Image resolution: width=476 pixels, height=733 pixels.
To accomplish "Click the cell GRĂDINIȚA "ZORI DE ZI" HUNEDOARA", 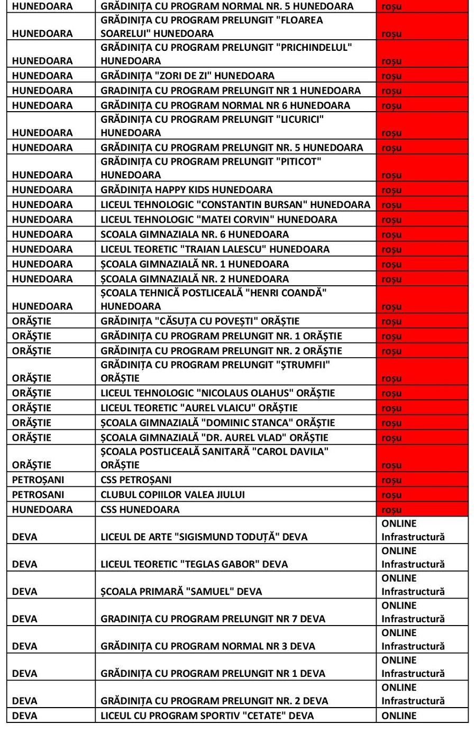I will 188,76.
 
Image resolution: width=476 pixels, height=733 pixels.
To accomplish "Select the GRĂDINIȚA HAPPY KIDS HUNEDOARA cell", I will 187,190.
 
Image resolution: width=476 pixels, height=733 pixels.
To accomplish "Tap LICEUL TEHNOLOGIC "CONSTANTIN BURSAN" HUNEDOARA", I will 235,205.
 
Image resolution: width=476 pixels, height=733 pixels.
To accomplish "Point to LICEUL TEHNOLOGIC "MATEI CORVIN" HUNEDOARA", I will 219,220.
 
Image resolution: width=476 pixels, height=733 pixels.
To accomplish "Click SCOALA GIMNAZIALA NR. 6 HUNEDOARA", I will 195,234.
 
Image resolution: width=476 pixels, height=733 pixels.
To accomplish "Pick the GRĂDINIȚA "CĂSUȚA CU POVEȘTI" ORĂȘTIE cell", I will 200,321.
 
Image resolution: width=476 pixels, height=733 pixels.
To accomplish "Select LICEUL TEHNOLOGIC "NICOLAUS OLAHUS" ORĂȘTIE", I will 218,393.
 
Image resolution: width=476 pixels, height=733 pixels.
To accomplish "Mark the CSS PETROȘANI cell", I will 136,480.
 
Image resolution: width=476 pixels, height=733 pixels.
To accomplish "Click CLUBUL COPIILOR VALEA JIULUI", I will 173,495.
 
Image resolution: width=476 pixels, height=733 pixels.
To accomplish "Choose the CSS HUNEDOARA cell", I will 140,510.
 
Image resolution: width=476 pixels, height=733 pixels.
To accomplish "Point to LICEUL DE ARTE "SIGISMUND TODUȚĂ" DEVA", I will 204,537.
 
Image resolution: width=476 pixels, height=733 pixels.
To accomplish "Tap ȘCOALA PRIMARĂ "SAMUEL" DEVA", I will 181,592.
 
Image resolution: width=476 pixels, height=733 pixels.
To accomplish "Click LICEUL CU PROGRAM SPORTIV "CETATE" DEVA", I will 207,716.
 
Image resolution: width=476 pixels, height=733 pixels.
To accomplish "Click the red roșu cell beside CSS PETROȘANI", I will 422,480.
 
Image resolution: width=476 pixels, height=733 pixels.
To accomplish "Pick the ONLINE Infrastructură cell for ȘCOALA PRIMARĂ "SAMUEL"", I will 422,585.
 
